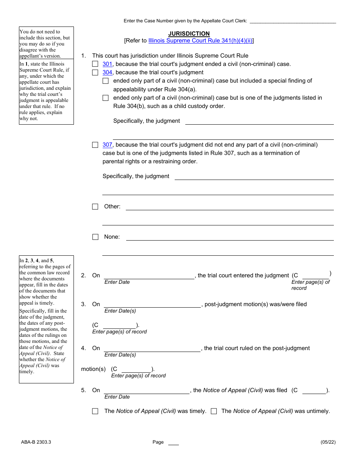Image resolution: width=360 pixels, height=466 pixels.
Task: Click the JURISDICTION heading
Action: [189, 34]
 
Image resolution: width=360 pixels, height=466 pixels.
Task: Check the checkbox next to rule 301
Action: [95, 64]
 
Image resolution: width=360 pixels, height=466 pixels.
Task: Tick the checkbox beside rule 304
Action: [95, 72]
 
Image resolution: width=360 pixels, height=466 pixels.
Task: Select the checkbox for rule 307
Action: [95, 145]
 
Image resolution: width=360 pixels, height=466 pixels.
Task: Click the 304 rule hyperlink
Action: [107, 72]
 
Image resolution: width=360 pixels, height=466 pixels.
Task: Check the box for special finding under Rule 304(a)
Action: [105, 81]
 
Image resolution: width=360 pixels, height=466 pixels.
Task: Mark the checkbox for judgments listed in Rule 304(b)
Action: [105, 98]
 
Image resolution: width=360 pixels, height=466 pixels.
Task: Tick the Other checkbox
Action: [95, 206]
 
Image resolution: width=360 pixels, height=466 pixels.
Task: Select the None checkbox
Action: [95, 237]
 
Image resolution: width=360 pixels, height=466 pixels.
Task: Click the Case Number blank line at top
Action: [293, 21]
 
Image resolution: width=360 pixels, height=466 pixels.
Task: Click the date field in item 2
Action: [149, 275]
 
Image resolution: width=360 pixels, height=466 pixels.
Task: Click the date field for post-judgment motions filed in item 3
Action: [152, 304]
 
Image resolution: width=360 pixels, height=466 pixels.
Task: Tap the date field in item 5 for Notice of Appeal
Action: [146, 390]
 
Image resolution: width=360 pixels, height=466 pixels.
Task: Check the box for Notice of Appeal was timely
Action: [95, 411]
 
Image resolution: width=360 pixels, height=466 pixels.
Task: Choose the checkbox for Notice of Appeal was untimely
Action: [214, 411]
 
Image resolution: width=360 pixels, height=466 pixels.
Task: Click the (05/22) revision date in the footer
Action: [328, 442]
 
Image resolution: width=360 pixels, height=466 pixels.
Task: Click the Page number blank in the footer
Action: [173, 442]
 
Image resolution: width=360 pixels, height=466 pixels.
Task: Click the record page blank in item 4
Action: [136, 369]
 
